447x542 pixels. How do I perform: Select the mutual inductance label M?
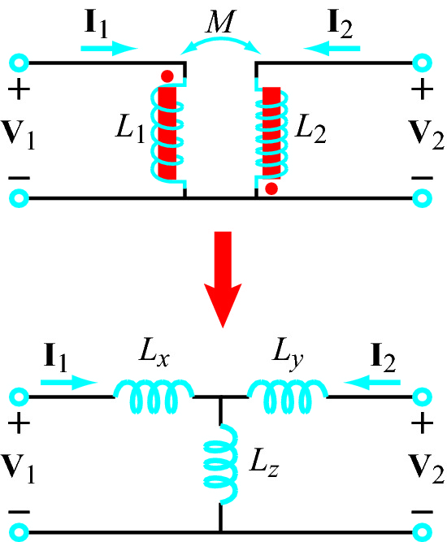coord(220,21)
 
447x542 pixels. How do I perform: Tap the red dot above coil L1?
coord(167,76)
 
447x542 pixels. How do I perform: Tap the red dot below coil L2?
coord(271,189)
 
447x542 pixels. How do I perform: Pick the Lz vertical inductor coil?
coord(221,464)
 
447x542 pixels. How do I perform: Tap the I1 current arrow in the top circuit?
coord(109,49)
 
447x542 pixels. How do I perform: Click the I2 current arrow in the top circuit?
coord(332,49)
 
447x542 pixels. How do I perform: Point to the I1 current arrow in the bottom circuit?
coord(69,382)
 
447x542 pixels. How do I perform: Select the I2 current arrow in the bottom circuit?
coord(372,382)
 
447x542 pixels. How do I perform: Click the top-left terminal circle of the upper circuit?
coord(19,63)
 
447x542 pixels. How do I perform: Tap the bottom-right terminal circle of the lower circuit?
coord(422,532)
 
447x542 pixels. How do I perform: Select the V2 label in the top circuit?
coord(426,134)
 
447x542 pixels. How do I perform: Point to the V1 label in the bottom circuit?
coord(18,468)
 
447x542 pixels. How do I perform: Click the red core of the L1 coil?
coord(167,133)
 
